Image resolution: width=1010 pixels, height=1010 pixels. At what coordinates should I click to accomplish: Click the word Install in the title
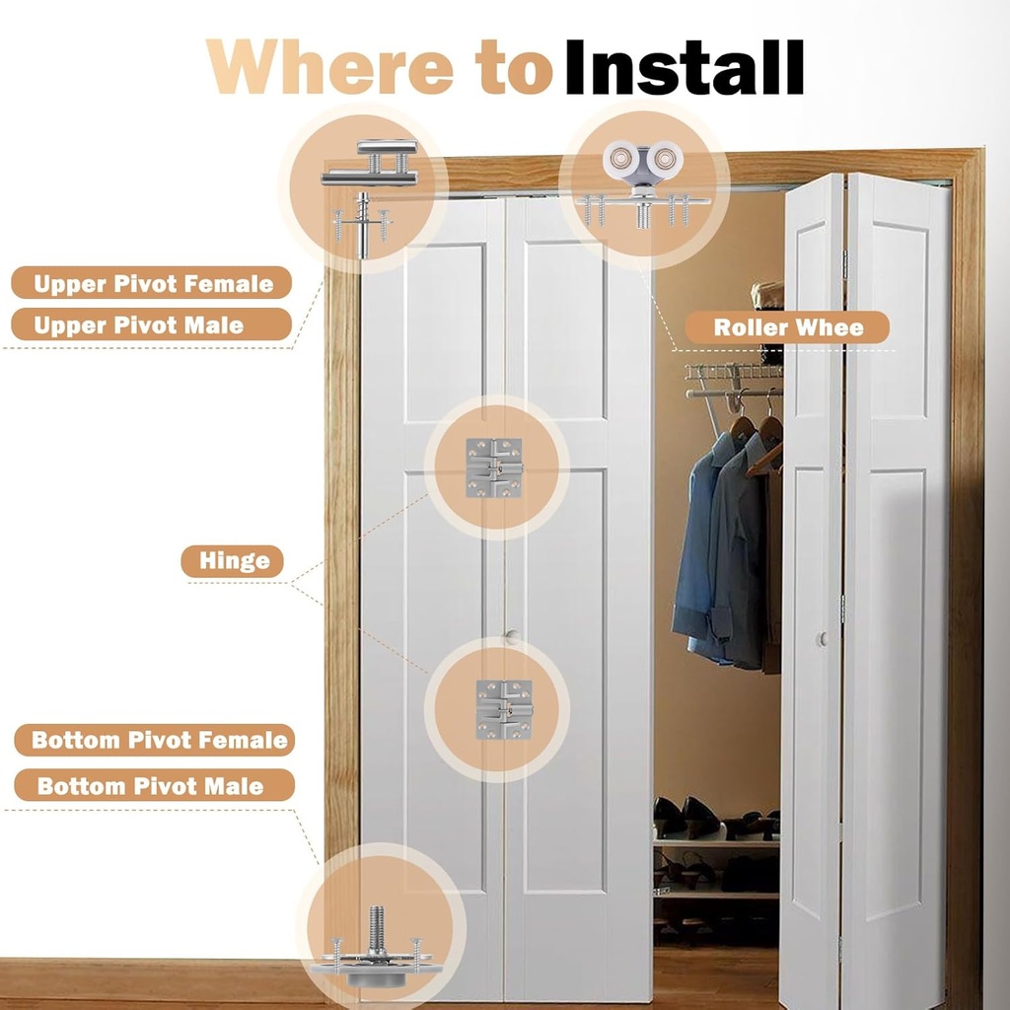685,67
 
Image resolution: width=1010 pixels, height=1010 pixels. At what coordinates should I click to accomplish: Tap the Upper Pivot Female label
152,283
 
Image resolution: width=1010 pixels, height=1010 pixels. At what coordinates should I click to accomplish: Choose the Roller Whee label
787,327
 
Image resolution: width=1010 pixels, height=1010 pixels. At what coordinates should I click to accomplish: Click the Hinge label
233,561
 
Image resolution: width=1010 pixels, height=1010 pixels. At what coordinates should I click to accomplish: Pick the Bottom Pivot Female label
155,740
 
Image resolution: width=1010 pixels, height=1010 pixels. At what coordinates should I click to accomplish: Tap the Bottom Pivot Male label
155,785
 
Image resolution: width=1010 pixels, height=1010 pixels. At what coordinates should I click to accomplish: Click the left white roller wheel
619,158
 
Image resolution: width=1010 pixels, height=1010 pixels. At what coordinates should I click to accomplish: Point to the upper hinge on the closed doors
494,468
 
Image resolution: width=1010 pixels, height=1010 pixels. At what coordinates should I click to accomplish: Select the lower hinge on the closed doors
504,709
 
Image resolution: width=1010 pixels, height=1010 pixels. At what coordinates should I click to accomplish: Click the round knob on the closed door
513,637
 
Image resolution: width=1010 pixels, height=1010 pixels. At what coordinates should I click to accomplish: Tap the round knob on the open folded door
823,639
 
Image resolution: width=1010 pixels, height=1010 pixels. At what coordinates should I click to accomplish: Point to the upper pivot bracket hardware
369,164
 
